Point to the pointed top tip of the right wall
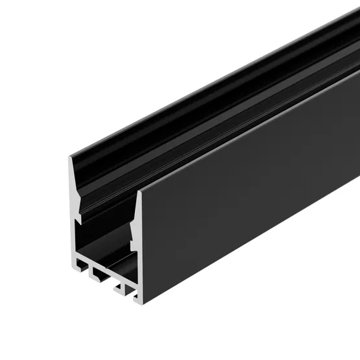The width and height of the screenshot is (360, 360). click(x=139, y=193)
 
